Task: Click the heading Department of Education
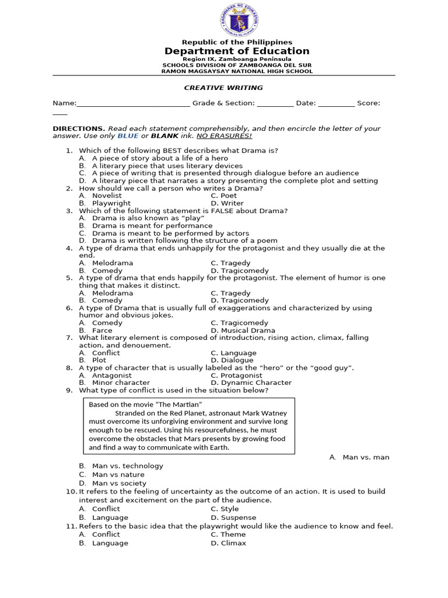coord(237,51)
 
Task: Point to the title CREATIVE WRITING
coord(223,88)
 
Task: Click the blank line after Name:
coord(133,104)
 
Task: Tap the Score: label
coord(368,103)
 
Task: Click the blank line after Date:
coord(336,104)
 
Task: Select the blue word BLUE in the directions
coord(128,136)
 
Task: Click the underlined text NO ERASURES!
coord(224,136)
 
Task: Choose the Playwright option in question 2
coord(111,204)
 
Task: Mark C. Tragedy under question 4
coord(230,263)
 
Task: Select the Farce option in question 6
coord(102,331)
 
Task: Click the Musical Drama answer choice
coord(239,331)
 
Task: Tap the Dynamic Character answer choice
coord(251,383)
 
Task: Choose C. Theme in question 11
coord(228,534)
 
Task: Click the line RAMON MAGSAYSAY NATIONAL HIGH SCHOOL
coord(237,71)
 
